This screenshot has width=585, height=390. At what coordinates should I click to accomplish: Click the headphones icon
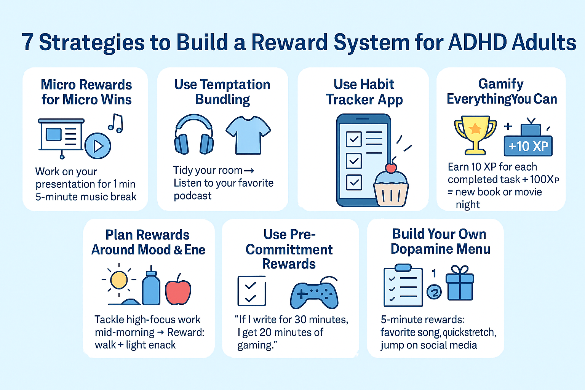(194, 134)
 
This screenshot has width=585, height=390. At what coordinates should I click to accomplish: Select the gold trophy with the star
(475, 135)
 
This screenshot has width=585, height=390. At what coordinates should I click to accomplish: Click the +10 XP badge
(528, 146)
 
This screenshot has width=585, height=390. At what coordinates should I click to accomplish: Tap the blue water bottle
(151, 288)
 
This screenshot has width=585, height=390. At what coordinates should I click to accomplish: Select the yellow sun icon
(119, 280)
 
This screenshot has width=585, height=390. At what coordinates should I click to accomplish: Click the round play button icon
(98, 146)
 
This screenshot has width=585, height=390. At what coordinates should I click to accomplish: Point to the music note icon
(116, 123)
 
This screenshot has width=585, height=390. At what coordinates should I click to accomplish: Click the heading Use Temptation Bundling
(222, 92)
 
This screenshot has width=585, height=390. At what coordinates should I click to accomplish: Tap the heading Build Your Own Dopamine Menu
(440, 241)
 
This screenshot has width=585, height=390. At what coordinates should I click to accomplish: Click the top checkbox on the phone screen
(353, 139)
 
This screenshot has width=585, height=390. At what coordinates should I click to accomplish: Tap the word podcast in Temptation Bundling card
(192, 196)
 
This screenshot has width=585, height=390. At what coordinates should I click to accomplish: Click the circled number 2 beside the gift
(434, 292)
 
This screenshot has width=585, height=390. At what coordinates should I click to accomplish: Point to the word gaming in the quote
(255, 345)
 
